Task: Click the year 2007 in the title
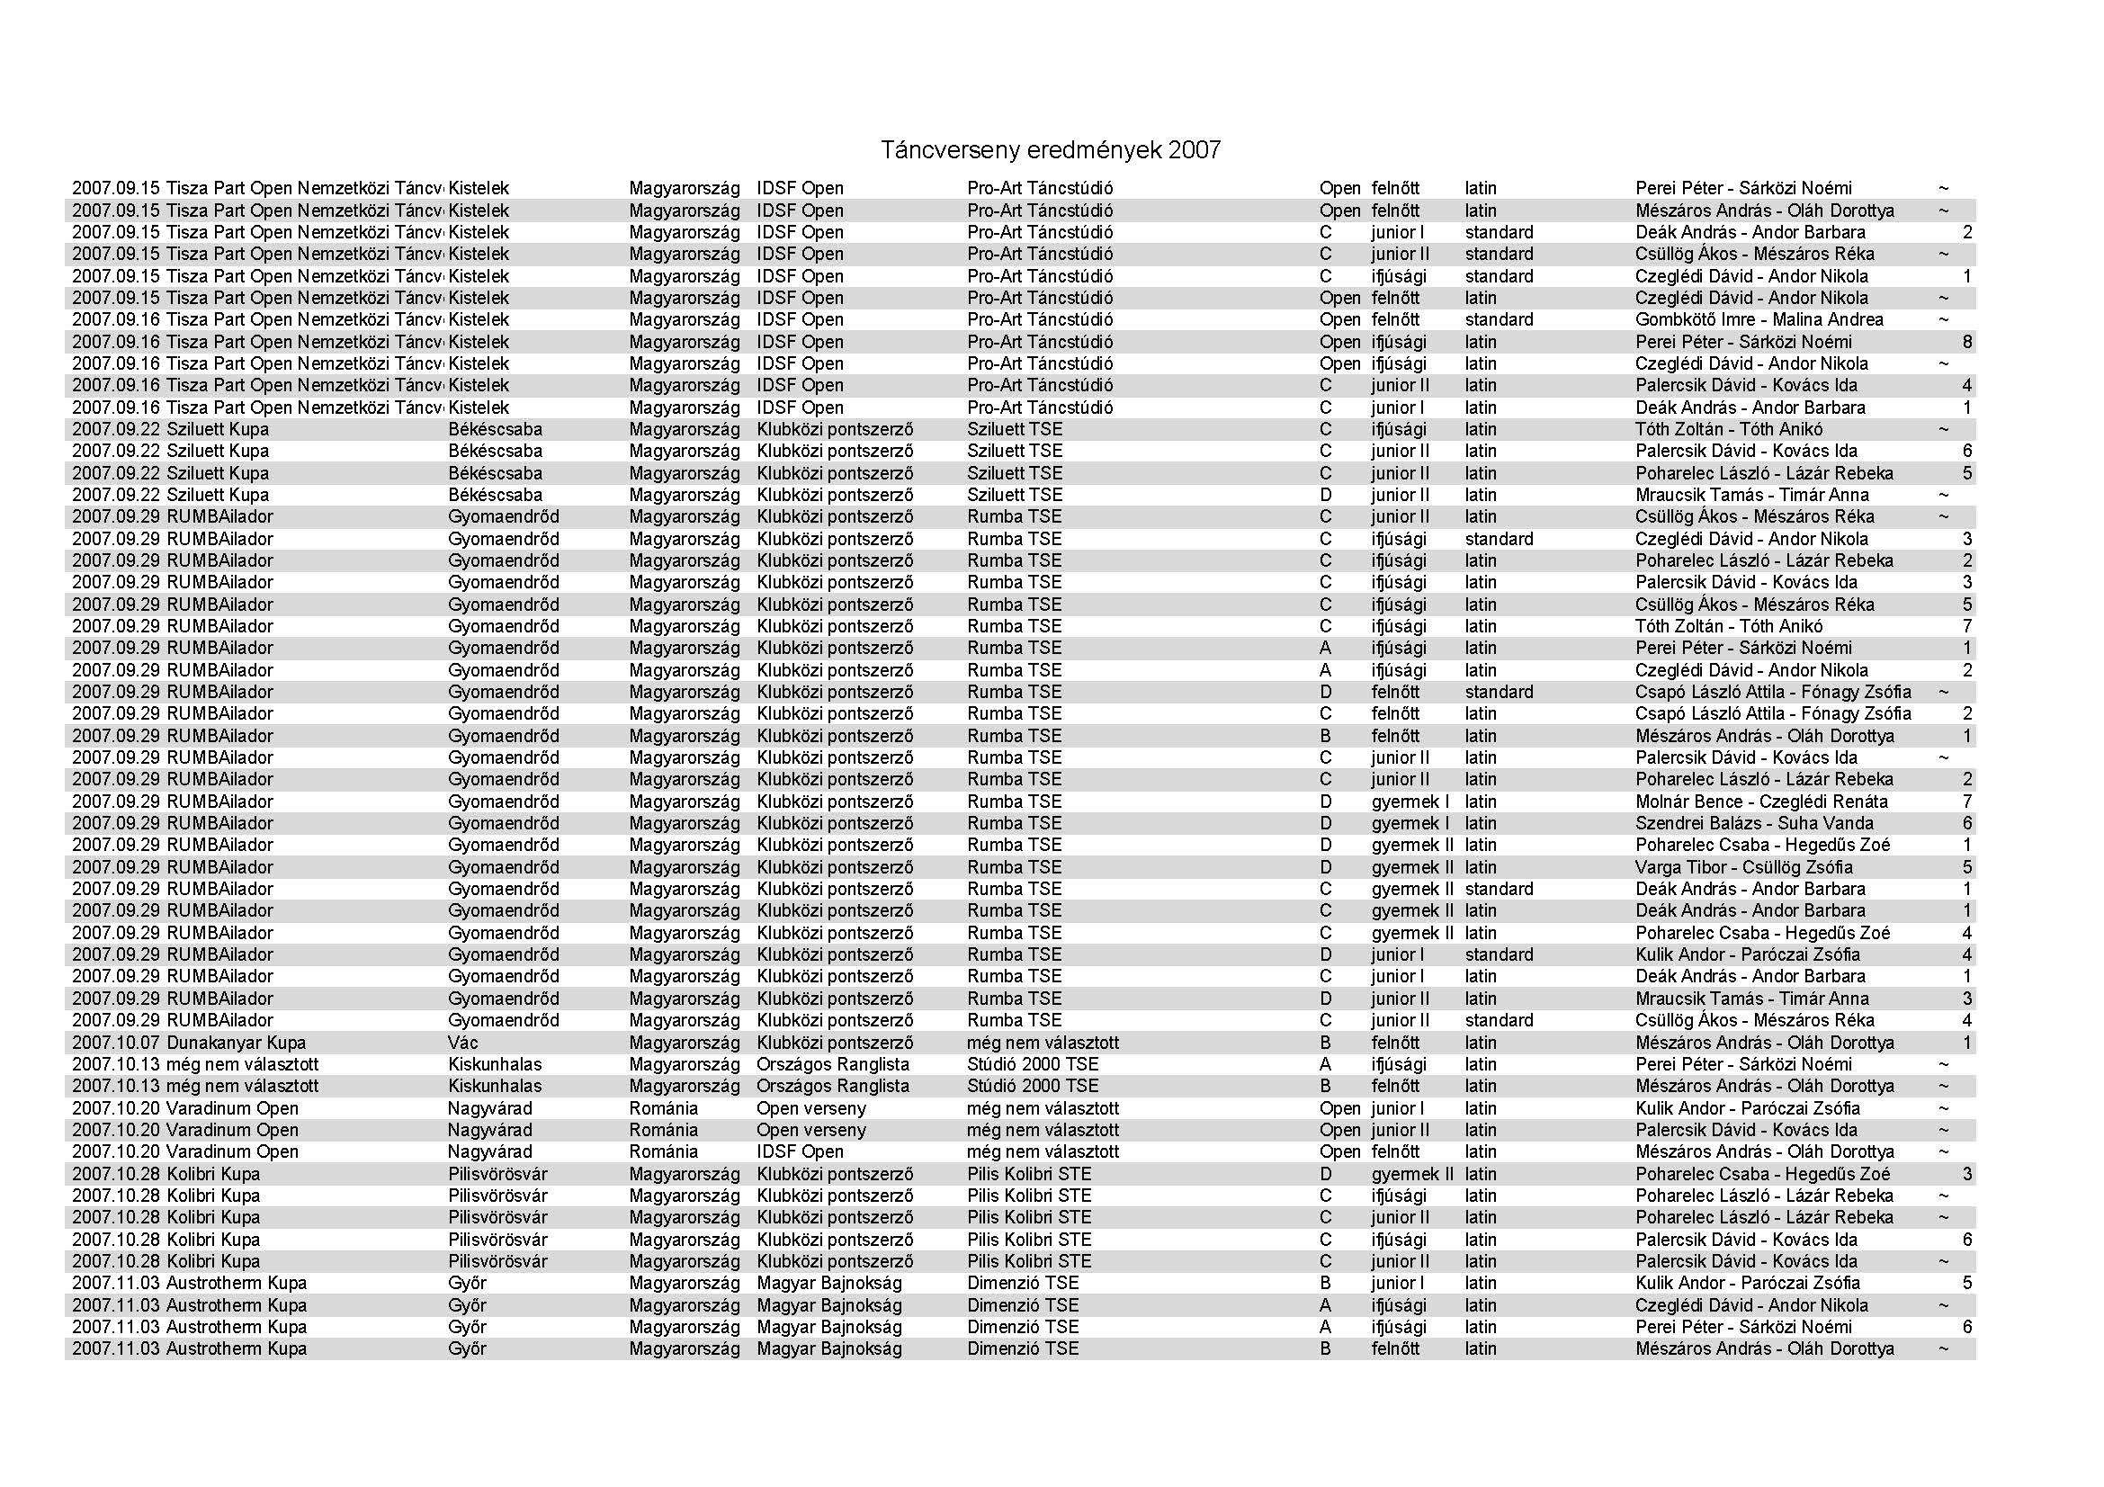tap(1194, 150)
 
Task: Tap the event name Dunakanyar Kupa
tap(237, 1043)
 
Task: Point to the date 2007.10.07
tap(116, 1043)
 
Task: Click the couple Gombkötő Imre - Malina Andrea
tap(1759, 319)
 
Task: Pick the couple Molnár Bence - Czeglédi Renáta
tap(1761, 802)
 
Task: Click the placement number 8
tap(1966, 342)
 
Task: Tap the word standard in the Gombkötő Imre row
tap(1499, 319)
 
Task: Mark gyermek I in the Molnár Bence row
tap(1410, 802)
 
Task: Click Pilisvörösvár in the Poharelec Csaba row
tap(497, 1175)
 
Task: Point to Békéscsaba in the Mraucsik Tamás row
tap(495, 495)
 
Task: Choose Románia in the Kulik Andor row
tap(664, 1108)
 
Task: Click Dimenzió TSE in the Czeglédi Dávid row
tap(1023, 1305)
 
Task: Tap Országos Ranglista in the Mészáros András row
tap(832, 1087)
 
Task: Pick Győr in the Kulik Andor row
tap(467, 1284)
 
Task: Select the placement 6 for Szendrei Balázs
tap(1966, 824)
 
